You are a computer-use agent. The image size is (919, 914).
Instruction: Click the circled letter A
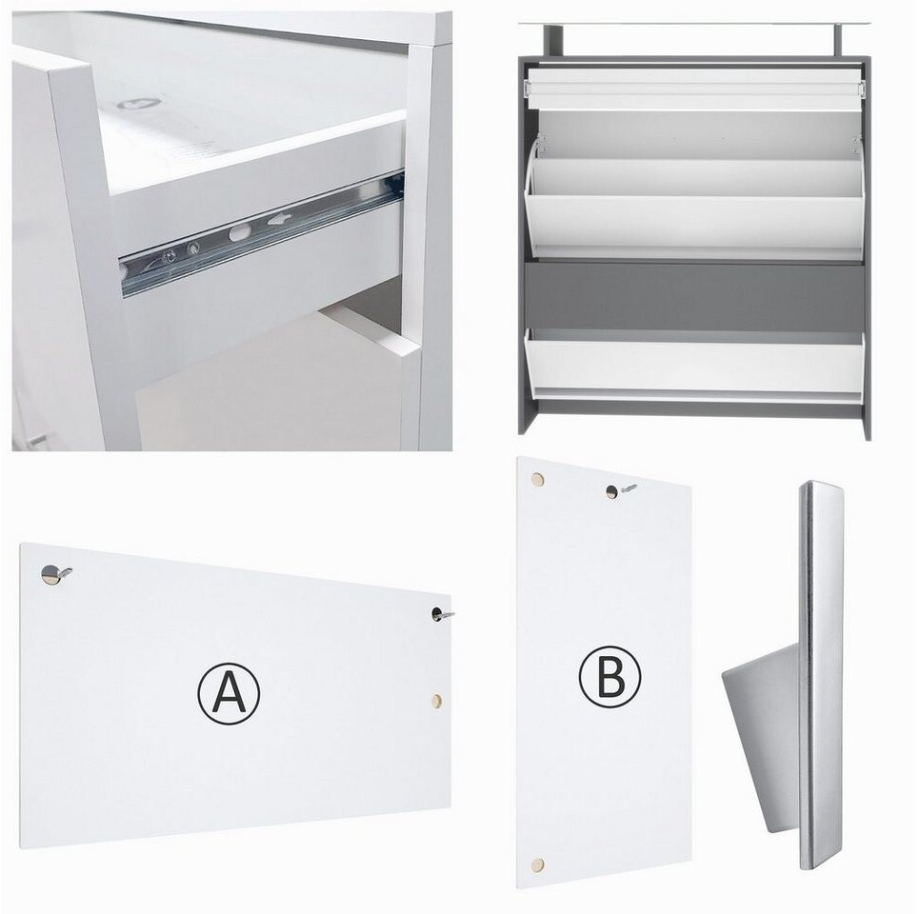(x=229, y=694)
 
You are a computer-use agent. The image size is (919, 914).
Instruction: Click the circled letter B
(x=609, y=677)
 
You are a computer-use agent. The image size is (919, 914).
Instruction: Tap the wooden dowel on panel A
(x=436, y=700)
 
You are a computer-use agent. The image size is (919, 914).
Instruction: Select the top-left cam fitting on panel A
(x=55, y=573)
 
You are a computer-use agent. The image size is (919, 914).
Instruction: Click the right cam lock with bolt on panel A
(x=442, y=614)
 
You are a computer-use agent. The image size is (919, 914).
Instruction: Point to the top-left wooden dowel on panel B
(x=537, y=479)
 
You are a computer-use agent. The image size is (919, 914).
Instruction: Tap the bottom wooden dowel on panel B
(x=537, y=864)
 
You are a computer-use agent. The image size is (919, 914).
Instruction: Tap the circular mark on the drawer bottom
(x=139, y=104)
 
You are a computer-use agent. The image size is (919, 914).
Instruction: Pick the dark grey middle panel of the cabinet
(x=694, y=296)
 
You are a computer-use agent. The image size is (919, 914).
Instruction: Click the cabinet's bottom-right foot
(x=867, y=423)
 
